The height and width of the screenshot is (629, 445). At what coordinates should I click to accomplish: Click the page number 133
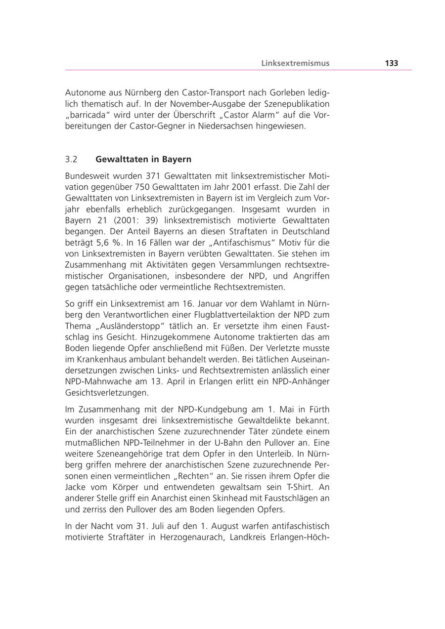click(391, 63)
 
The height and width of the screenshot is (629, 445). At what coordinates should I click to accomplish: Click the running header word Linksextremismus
click(295, 63)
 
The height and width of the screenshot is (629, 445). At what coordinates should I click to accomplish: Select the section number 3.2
click(71, 160)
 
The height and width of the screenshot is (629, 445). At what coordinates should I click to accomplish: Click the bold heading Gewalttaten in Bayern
click(143, 160)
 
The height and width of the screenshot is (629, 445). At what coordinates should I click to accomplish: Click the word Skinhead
click(237, 498)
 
